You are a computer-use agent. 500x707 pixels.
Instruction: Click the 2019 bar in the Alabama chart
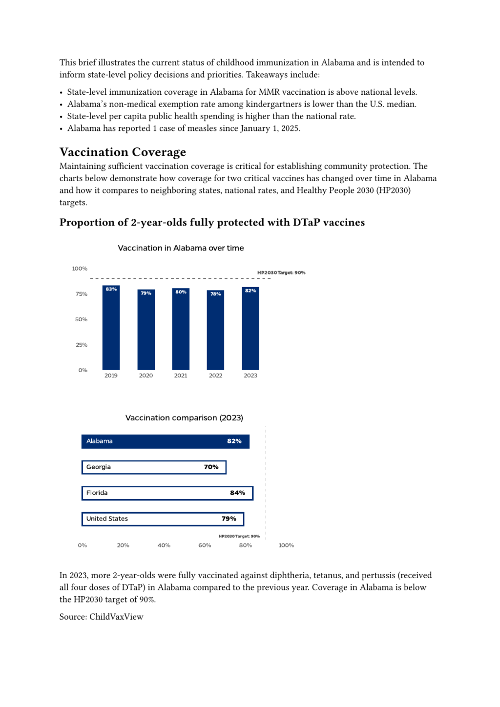pyautogui.click(x=111, y=330)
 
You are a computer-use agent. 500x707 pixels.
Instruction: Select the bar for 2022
pyautogui.click(x=215, y=332)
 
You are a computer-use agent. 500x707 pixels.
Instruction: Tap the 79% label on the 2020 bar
pyautogui.click(x=146, y=293)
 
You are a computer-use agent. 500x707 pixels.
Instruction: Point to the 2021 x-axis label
pyautogui.click(x=181, y=375)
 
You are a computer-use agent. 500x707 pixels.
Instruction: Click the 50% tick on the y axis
pyautogui.click(x=81, y=319)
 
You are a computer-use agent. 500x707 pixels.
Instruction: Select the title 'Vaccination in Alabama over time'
pyautogui.click(x=181, y=248)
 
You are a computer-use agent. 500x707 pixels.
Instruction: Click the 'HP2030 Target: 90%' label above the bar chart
pyautogui.click(x=281, y=272)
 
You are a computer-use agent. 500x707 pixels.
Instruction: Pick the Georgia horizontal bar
pyautogui.click(x=154, y=467)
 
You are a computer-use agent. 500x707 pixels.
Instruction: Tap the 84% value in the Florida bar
pyautogui.click(x=237, y=493)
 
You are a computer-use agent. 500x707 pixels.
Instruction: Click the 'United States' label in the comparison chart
pyautogui.click(x=107, y=519)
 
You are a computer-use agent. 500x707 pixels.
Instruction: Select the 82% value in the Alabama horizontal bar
pyautogui.click(x=234, y=441)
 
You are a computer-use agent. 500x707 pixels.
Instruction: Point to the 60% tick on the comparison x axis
pyautogui.click(x=205, y=545)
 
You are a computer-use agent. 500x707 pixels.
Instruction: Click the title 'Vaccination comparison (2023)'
pyautogui.click(x=184, y=418)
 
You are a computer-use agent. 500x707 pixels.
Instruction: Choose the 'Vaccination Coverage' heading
pyautogui.click(x=123, y=152)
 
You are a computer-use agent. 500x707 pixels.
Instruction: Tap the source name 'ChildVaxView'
pyautogui.click(x=116, y=617)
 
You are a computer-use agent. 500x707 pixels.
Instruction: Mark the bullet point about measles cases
pyautogui.click(x=184, y=128)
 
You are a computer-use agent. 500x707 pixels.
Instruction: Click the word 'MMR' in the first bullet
pyautogui.click(x=269, y=92)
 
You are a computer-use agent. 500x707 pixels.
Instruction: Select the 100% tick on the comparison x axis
pyautogui.click(x=286, y=545)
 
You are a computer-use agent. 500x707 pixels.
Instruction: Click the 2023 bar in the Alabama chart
pyautogui.click(x=250, y=330)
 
